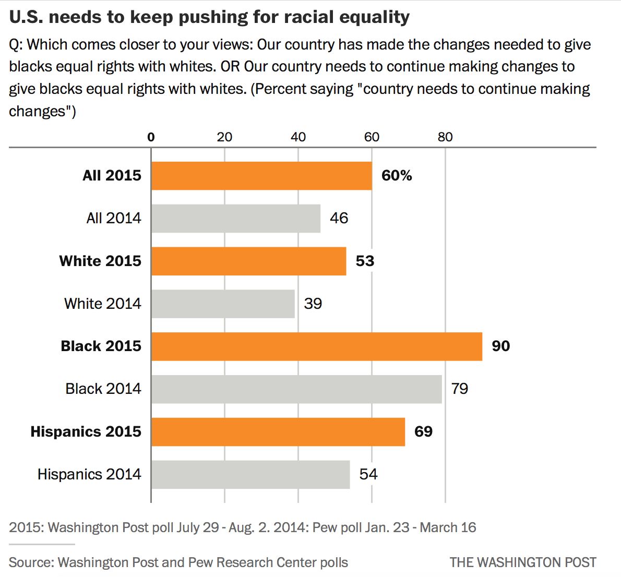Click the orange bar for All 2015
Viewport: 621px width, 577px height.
coord(261,176)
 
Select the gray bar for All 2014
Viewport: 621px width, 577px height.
coord(236,218)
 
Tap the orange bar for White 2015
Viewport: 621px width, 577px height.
coord(249,261)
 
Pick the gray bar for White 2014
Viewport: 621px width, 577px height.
coord(223,304)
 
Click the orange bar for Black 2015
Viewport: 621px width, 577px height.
coord(317,346)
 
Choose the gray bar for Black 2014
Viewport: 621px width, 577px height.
coord(296,389)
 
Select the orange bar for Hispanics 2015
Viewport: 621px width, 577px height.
coord(278,431)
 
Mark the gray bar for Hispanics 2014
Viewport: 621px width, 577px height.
coord(250,474)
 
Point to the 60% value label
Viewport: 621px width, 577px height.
coord(397,176)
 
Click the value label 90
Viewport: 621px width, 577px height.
coord(500,346)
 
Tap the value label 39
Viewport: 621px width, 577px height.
coord(313,304)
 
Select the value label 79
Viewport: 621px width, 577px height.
coord(459,389)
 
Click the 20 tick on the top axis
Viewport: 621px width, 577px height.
coord(224,137)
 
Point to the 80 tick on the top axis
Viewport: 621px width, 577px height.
coord(445,137)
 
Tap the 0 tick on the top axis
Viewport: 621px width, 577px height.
coord(151,137)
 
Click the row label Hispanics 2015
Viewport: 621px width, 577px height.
coord(86,431)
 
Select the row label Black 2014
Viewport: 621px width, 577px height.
coord(103,389)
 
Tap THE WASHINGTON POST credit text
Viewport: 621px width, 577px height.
coord(522,562)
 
